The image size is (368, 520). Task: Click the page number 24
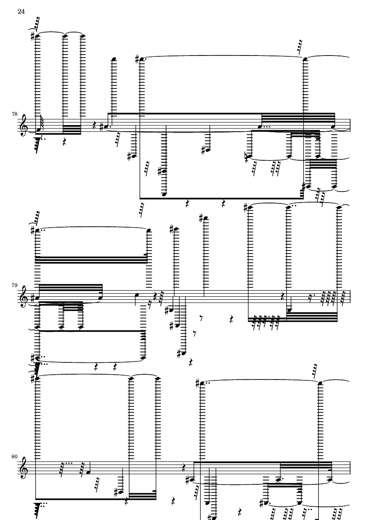point(21,11)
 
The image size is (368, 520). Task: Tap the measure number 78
point(15,114)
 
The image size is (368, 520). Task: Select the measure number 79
point(15,285)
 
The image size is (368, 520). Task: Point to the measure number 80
point(15,456)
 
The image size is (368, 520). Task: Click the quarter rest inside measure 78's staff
point(95,125)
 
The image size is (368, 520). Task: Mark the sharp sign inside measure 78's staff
point(101,127)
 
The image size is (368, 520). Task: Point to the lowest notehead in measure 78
point(164,194)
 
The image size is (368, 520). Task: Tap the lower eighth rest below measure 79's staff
point(196,333)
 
